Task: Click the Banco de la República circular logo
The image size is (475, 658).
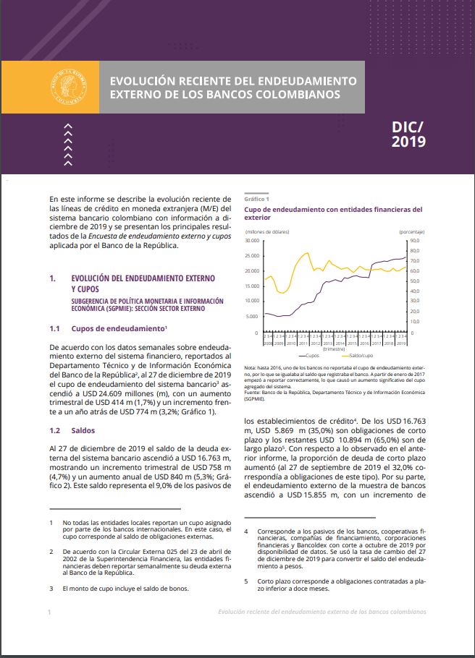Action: pos(70,87)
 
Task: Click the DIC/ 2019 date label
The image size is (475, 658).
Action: pos(408,133)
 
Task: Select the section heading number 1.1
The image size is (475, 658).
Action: pos(54,328)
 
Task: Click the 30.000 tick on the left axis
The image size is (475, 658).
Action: pos(252,240)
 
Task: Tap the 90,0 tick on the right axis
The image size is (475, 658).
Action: pos(415,240)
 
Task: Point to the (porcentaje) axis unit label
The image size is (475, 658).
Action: pos(411,231)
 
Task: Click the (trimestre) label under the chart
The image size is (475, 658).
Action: pos(334,348)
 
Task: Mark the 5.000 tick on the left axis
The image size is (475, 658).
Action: pos(253,317)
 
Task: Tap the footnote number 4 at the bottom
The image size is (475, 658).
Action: pos(247,531)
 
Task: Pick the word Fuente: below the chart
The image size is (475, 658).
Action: pos(254,391)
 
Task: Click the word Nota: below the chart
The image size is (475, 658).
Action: pos(252,368)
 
